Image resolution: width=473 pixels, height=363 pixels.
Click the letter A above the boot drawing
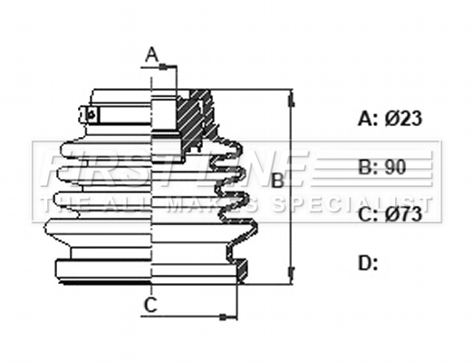tap(152, 55)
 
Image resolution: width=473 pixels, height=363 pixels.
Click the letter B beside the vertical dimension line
tap(277, 181)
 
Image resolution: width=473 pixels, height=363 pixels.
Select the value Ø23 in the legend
tap(403, 118)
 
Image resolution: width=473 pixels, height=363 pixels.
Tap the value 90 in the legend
tap(395, 167)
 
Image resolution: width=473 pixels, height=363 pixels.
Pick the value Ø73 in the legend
tap(403, 214)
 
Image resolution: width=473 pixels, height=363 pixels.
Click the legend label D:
tap(368, 262)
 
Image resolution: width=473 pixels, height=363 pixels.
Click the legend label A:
tap(368, 118)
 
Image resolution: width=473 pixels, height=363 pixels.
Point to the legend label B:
tap(368, 167)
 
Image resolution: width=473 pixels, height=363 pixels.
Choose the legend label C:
tap(368, 214)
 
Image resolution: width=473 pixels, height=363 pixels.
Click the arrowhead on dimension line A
tap(163, 66)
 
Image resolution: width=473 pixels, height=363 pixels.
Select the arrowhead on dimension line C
tap(223, 317)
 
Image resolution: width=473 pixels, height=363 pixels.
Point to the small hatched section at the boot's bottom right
tap(242, 269)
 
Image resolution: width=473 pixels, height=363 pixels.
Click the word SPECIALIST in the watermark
tap(351, 204)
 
